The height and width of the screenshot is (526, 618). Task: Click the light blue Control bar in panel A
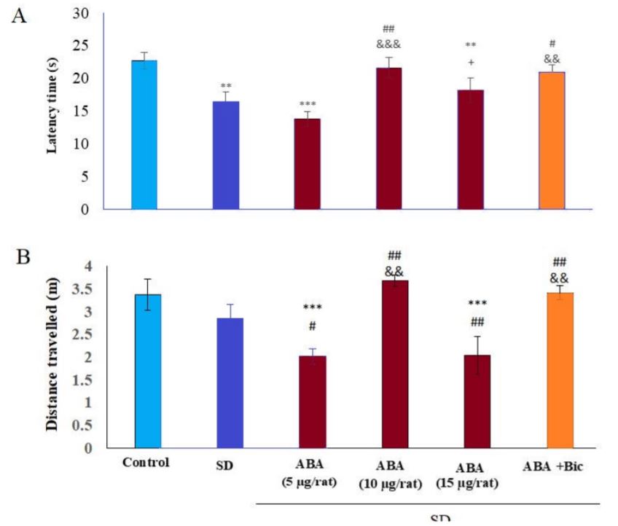click(144, 135)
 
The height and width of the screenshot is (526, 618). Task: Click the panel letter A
click(19, 16)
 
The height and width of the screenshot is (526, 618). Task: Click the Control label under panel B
click(146, 462)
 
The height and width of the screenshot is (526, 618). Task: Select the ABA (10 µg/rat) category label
click(392, 474)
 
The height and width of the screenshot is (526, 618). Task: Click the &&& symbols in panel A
click(388, 44)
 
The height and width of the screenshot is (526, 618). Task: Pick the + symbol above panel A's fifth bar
click(471, 63)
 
